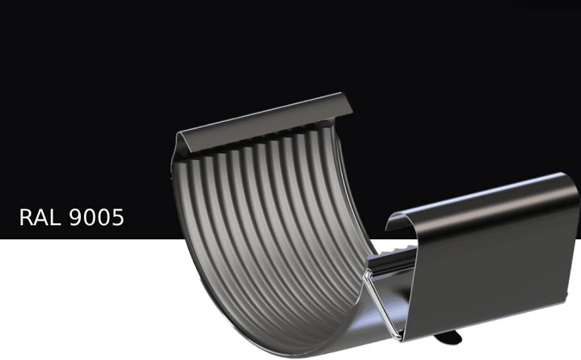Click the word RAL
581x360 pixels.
[40, 217]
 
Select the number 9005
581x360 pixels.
[96, 217]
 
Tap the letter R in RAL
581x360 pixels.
[25, 217]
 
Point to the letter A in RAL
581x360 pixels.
[40, 217]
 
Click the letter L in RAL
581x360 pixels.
[56, 217]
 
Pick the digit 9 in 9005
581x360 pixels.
[75, 217]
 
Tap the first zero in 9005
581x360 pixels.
[89, 217]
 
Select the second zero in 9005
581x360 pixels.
[103, 217]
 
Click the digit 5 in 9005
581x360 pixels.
[117, 217]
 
